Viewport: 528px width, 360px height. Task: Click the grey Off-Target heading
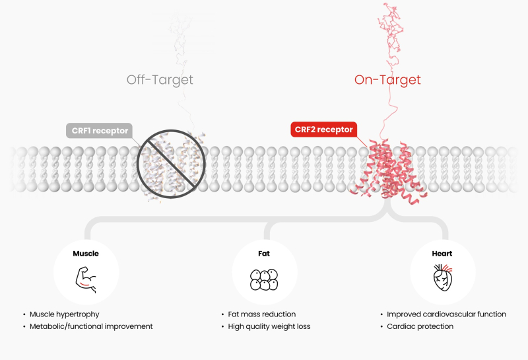(160, 80)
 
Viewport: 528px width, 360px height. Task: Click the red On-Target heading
(387, 80)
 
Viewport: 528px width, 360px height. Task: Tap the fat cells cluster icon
(264, 279)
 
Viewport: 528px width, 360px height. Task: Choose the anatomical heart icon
(442, 279)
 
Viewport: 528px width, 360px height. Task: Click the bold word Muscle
(86, 253)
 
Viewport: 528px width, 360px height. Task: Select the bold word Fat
(264, 253)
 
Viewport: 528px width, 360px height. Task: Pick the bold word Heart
(442, 253)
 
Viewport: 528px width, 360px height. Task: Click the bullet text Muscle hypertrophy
(64, 314)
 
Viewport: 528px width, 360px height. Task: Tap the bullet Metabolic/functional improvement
(91, 326)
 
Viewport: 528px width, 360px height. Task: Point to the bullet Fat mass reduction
(261, 314)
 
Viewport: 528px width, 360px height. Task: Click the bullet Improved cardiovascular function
(447, 314)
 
